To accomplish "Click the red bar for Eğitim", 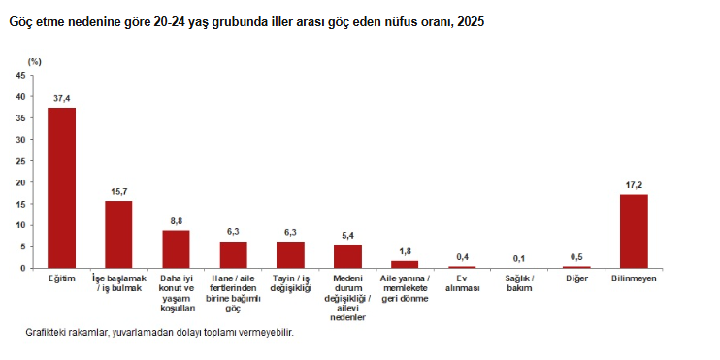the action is [x=61, y=188].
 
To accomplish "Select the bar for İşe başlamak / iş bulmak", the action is [x=118, y=234].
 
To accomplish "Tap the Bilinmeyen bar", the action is [x=634, y=231].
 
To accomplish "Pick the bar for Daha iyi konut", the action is [x=176, y=248].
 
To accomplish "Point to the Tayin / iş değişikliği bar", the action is [x=290, y=254].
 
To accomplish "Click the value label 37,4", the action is [x=61, y=98].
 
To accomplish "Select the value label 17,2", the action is [x=634, y=185].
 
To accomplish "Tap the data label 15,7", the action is [x=118, y=191].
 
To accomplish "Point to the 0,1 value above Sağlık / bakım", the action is [x=519, y=258].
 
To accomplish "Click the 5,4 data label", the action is [x=347, y=236].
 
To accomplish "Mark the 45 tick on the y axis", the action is [x=20, y=76].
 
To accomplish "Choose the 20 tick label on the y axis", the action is [x=20, y=182].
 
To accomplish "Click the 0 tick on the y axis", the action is [x=23, y=268].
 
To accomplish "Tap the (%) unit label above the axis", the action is [x=34, y=61].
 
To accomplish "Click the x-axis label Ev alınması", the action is [x=463, y=283].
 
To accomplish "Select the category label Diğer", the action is [x=576, y=278].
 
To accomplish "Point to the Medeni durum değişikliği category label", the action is [x=347, y=298].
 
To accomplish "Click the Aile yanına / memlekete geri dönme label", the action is [x=405, y=288].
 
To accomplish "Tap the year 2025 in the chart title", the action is [x=471, y=21].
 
